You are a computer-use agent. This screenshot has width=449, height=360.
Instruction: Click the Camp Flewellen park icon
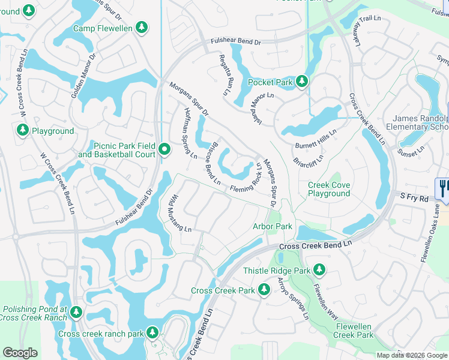141,27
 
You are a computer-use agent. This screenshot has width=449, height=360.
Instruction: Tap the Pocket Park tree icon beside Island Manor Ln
301,81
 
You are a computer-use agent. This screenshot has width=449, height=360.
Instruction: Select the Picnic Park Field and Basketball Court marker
165,147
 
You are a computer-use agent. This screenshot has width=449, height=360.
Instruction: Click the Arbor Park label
272,226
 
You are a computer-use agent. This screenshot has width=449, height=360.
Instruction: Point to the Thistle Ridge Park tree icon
319,271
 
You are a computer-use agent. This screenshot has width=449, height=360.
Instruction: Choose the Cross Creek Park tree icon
264,290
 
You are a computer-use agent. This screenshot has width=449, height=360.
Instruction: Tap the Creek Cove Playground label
328,190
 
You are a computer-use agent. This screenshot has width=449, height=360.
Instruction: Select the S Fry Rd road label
415,197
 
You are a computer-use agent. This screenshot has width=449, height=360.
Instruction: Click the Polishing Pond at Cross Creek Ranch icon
76,311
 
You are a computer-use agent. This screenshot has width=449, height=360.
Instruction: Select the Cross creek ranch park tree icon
152,332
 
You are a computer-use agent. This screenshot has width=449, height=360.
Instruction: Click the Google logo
20,353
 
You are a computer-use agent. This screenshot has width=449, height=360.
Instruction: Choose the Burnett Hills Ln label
316,140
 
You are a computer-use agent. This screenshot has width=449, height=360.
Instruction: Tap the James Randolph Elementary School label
417,122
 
